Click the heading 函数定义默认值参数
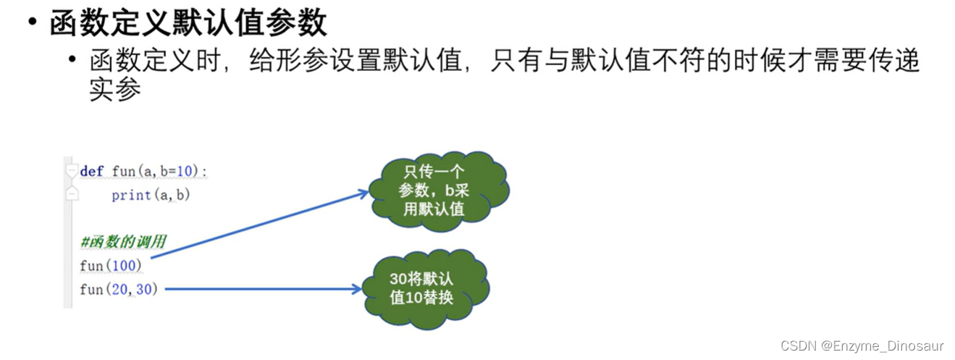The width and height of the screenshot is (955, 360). [188, 23]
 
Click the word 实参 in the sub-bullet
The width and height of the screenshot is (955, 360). [114, 90]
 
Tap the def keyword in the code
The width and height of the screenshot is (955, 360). [92, 172]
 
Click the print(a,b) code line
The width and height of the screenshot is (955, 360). [150, 195]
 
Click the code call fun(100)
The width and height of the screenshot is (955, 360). [111, 266]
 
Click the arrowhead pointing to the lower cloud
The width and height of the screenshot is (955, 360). [356, 289]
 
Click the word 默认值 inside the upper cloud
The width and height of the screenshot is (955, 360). [444, 210]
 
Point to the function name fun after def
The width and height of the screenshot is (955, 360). [124, 172]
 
